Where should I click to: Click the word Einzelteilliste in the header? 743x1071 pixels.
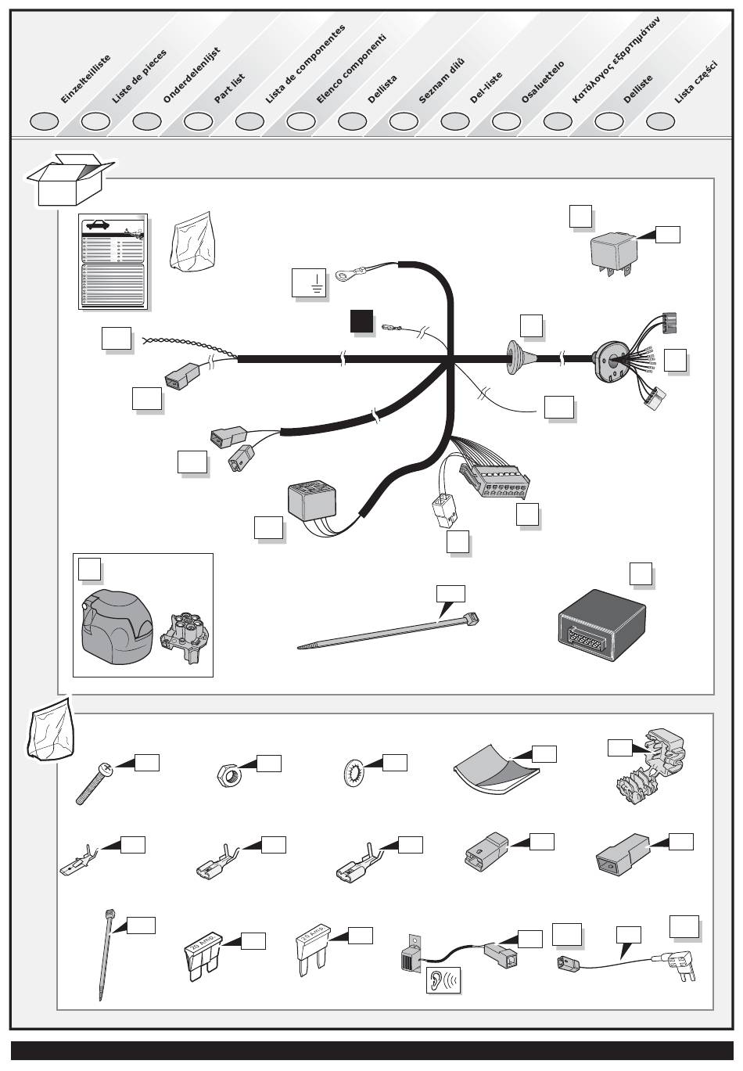tap(85, 80)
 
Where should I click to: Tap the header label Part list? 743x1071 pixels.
tap(229, 88)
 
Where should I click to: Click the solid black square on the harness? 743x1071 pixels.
tap(361, 322)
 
